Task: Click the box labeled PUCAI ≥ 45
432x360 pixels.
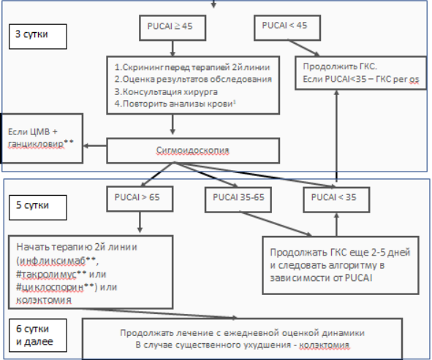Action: pos(173,28)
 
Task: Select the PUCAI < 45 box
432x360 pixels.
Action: pos(287,28)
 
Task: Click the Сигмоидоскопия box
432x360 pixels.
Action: pos(193,150)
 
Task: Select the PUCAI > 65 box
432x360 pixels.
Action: pos(140,199)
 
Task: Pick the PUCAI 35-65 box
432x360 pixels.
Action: pos(238,199)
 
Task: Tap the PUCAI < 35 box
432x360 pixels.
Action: pos(336,199)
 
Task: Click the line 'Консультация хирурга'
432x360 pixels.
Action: pos(166,92)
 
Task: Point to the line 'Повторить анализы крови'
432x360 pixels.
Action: pos(175,104)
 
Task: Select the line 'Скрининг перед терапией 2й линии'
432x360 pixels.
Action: pos(192,67)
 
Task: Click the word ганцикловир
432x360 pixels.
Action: pos(36,144)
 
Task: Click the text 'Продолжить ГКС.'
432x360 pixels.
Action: pos(340,66)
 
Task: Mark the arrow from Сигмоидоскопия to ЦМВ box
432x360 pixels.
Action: pos(95,146)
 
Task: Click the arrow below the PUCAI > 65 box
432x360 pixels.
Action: pos(140,222)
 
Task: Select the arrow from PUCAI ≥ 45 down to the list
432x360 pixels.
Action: pos(173,48)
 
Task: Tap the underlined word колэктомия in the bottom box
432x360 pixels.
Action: pos(325,345)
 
